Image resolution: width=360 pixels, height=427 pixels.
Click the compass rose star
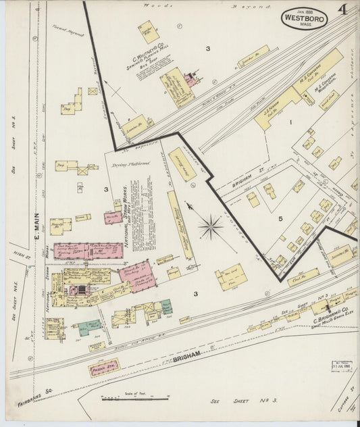[211, 226]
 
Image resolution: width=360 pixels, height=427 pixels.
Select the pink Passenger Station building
[103, 369]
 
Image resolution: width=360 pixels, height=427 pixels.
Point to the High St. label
[18, 256]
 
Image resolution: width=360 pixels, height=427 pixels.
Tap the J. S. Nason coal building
[277, 108]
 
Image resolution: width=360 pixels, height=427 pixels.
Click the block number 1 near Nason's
[291, 122]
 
